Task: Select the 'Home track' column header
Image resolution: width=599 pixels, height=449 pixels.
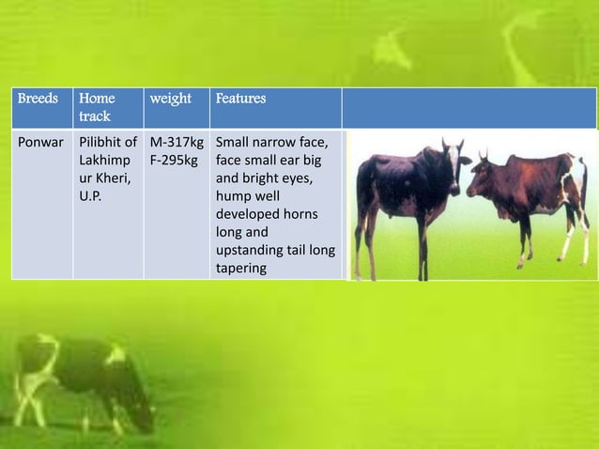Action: (x=97, y=107)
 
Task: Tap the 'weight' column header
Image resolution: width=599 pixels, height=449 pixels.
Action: (x=170, y=99)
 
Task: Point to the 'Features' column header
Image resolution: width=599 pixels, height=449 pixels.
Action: (x=240, y=99)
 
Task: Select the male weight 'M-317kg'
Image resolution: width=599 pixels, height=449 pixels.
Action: (x=177, y=143)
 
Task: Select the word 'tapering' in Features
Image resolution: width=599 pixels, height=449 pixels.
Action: (x=241, y=268)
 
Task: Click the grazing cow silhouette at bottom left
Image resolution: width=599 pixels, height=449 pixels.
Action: (x=80, y=376)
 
